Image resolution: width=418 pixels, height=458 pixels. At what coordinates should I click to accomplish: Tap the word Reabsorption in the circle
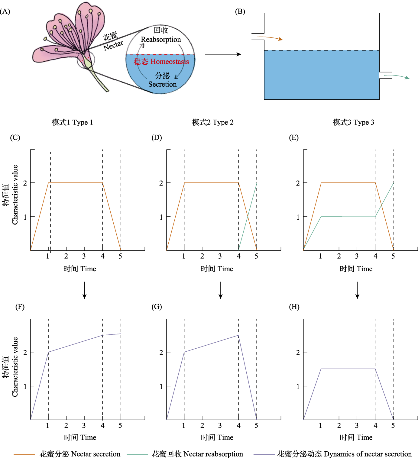coord(161,40)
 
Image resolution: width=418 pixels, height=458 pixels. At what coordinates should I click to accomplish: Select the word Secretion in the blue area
coord(162,84)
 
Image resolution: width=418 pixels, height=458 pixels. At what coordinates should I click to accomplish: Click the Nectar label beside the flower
coord(113,45)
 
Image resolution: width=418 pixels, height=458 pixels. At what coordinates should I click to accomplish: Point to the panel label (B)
coord(240,11)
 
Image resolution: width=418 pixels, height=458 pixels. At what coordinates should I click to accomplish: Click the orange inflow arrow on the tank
coord(270,38)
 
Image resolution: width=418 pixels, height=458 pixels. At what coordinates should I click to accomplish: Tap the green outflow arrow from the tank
coord(397,76)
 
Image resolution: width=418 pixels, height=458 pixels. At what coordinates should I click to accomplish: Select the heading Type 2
coord(223,122)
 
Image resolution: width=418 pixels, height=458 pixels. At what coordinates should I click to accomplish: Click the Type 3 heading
coord(364,122)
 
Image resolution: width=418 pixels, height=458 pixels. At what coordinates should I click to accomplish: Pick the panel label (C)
coord(15,138)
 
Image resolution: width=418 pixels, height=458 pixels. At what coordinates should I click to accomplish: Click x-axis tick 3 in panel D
coord(220,256)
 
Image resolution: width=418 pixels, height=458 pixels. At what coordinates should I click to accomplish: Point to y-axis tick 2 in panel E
coord(298,183)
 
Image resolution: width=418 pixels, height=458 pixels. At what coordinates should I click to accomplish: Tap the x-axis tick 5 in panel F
coord(120,426)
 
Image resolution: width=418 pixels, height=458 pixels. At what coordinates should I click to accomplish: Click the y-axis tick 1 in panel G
coord(161,386)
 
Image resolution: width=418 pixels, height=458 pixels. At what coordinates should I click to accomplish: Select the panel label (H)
coord(294,307)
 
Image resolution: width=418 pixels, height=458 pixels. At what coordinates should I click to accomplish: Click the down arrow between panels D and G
coord(221,290)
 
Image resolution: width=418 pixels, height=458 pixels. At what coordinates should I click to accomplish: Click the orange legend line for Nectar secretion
coord(24,454)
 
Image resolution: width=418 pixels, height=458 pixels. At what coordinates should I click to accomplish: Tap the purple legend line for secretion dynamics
coord(264,454)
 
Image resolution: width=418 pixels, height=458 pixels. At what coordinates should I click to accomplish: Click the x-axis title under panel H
coord(356,437)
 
